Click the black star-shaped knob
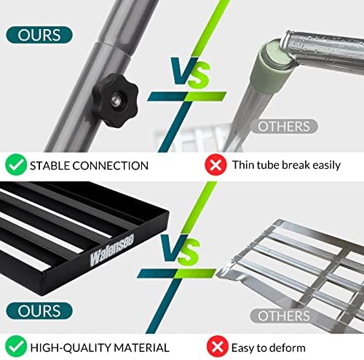click(x=115, y=100)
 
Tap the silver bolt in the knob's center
click(x=116, y=100)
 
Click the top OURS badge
click(x=39, y=35)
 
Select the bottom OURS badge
click(x=39, y=311)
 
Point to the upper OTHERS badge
click(x=284, y=127)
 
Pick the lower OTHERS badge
click(x=284, y=316)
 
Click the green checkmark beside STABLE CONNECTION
click(x=16, y=164)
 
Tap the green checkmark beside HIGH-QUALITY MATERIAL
click(x=16, y=346)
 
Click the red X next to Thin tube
click(x=215, y=165)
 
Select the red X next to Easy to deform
click(x=218, y=347)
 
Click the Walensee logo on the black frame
click(x=112, y=249)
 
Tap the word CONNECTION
click(x=110, y=166)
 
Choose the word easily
click(x=327, y=165)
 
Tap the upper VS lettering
click(x=190, y=72)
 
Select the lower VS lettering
click(x=181, y=249)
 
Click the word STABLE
click(x=50, y=166)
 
